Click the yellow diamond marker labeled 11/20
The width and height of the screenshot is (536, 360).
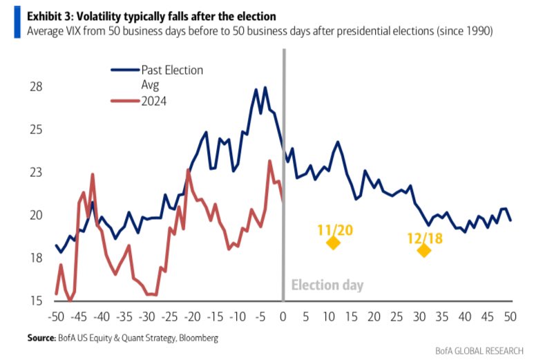[x=333, y=243]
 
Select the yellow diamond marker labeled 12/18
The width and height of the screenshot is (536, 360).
[x=423, y=250]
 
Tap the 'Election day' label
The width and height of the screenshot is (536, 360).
[x=327, y=285]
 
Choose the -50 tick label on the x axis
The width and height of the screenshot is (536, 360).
[x=57, y=316]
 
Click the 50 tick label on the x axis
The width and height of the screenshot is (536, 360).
[x=511, y=316]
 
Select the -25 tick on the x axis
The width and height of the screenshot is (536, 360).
[x=170, y=316]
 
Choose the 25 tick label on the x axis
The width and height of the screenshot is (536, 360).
[x=396, y=316]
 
